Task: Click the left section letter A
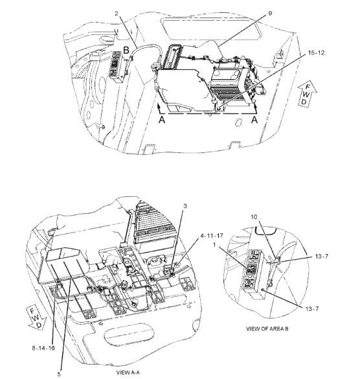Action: (x=162, y=121)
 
